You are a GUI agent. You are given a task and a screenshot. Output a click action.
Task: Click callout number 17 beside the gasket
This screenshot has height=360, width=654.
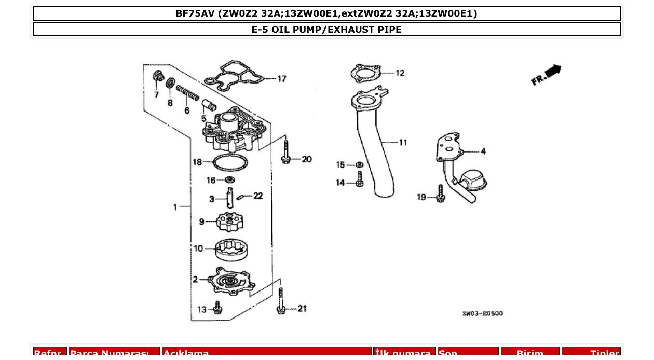point(281,79)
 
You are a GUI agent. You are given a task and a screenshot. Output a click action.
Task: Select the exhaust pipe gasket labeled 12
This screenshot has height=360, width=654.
point(368,73)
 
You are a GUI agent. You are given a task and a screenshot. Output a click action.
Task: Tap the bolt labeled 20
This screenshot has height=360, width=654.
point(285,154)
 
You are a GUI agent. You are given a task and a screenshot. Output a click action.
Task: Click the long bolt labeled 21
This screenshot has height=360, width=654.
point(281,302)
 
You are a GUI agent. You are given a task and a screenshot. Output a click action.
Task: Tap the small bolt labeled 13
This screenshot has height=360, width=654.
point(218,308)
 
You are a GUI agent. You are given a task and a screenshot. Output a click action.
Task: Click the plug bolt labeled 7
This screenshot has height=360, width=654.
point(156,77)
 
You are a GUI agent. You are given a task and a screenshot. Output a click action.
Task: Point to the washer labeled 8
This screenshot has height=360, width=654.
point(170,83)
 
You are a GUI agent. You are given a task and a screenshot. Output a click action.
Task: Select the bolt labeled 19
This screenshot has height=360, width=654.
point(441,193)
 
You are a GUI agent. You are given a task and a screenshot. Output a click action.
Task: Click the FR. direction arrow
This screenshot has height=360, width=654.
point(547,74)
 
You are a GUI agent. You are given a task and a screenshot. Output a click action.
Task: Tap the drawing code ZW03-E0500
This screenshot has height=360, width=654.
point(482,313)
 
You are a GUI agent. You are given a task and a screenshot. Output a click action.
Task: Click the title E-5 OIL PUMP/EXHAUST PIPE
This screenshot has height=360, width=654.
point(326,30)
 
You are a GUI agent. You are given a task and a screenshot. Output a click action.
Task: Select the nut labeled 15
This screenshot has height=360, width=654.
point(359,165)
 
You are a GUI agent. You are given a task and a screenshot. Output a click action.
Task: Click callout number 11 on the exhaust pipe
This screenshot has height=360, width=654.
point(403,142)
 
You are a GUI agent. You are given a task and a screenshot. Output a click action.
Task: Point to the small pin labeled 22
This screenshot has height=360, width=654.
point(240,197)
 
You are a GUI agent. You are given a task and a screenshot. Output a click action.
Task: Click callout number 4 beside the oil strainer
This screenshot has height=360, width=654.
point(483,151)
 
